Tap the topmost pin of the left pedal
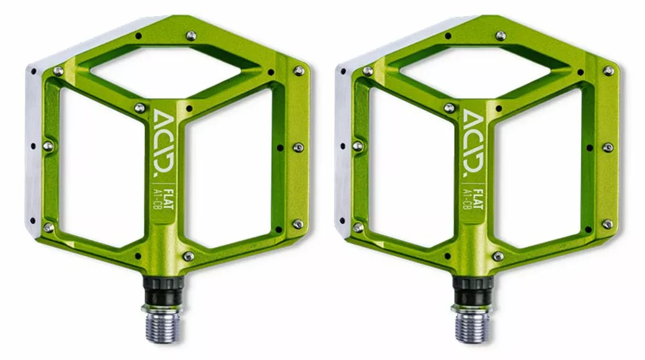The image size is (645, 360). pos(191,35)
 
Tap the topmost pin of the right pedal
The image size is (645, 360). pos(501,35)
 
